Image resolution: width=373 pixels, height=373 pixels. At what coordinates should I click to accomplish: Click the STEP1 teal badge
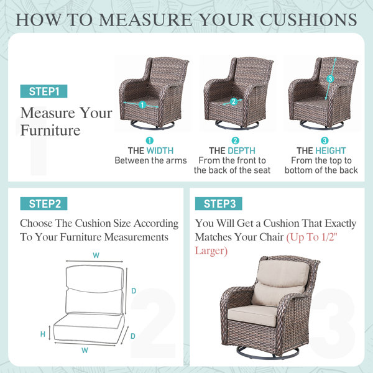44,91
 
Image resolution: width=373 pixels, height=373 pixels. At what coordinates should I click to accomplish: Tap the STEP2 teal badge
44,204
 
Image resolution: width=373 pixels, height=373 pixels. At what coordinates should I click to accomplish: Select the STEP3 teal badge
219,204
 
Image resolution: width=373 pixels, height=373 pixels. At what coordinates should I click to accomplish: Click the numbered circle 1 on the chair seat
142,104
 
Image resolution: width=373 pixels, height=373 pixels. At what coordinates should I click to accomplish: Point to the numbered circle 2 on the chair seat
233,101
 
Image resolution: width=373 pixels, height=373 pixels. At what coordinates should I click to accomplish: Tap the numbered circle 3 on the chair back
330,79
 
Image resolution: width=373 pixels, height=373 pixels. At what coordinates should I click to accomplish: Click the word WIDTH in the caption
160,151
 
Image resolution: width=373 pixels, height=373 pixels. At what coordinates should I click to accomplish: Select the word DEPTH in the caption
241,151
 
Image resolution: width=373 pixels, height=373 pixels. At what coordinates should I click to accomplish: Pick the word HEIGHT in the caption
331,151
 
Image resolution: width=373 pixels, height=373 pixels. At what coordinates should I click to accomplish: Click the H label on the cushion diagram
43,334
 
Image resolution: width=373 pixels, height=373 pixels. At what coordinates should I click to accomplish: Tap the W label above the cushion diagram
96,256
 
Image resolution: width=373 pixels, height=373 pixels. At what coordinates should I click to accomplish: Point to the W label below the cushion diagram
85,350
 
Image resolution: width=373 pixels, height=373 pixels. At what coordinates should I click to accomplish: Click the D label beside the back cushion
134,291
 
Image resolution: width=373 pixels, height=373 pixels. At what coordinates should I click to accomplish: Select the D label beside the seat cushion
133,336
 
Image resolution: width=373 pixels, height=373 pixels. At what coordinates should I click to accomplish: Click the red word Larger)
211,251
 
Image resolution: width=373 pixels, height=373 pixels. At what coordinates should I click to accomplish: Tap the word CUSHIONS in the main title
308,20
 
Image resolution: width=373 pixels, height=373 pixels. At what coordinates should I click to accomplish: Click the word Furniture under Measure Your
50,131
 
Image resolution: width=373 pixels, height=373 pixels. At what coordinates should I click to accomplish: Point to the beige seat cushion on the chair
252,315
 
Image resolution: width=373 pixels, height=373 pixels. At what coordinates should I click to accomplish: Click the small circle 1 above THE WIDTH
150,140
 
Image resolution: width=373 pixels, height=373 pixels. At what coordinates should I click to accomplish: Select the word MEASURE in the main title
145,20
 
